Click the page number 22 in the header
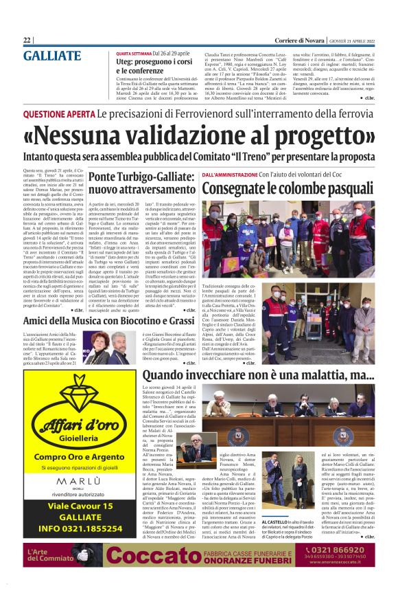(27, 41)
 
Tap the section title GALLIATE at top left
(52, 56)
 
